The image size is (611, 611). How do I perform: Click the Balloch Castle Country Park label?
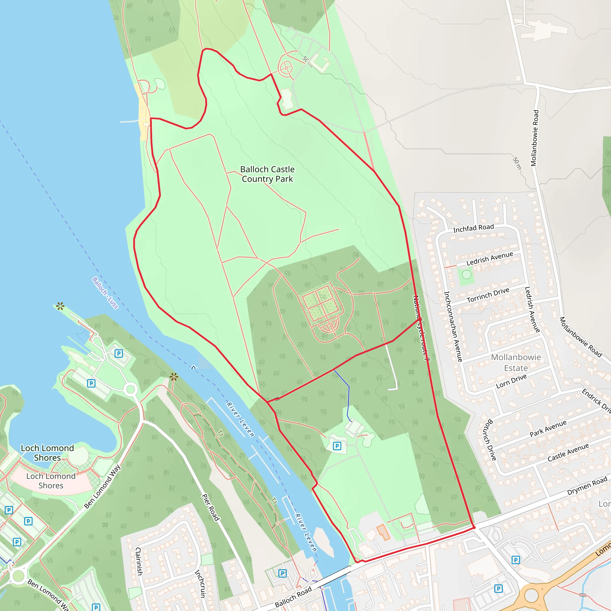point(267,174)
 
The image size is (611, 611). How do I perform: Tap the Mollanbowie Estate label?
point(516,362)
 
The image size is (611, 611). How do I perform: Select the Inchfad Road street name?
point(473,228)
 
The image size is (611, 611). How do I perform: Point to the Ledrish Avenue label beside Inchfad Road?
point(490,258)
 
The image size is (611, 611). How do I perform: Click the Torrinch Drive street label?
point(488,295)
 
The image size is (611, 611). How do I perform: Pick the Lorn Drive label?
point(511,381)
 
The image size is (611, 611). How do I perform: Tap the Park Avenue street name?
point(548,428)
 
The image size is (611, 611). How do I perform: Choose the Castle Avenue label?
point(568,452)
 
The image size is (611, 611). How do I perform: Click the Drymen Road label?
point(587,486)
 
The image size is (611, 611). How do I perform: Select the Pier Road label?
point(210,507)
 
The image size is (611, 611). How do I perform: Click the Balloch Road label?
point(293,596)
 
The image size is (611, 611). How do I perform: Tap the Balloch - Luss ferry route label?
point(105,293)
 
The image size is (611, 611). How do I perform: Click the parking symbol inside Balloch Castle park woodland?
point(337,446)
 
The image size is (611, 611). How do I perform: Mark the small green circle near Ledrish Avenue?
point(467,274)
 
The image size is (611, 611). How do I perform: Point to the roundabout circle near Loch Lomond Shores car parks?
point(131,389)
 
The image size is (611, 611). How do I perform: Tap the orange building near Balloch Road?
point(383,532)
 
